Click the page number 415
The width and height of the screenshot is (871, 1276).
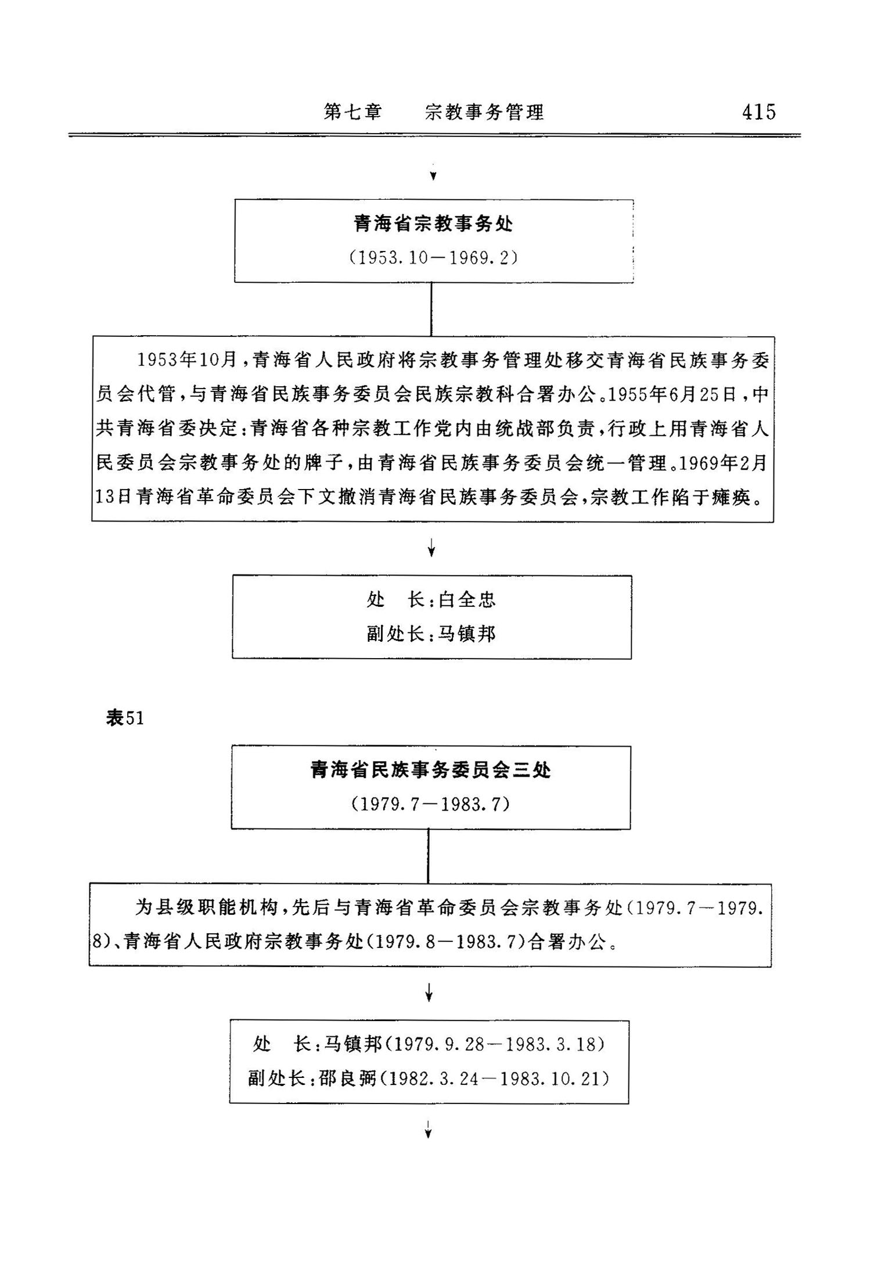point(758,112)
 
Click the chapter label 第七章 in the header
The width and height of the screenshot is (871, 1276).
point(352,112)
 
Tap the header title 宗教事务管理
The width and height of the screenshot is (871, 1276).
point(484,112)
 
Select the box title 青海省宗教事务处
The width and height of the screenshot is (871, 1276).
point(433,224)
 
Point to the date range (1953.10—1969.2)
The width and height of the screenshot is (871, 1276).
point(433,257)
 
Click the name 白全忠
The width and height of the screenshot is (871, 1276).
point(467,599)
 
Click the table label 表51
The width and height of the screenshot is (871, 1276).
point(125,718)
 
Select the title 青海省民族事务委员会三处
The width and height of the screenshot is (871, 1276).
point(430,770)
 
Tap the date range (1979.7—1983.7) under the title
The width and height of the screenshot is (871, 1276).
point(430,804)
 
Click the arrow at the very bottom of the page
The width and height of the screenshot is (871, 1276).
point(429,1130)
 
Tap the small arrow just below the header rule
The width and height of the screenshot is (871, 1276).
point(433,175)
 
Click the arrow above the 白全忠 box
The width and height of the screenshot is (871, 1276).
point(431,548)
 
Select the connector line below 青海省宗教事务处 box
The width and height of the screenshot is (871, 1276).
point(431,309)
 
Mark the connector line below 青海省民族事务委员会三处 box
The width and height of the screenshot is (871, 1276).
point(429,856)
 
